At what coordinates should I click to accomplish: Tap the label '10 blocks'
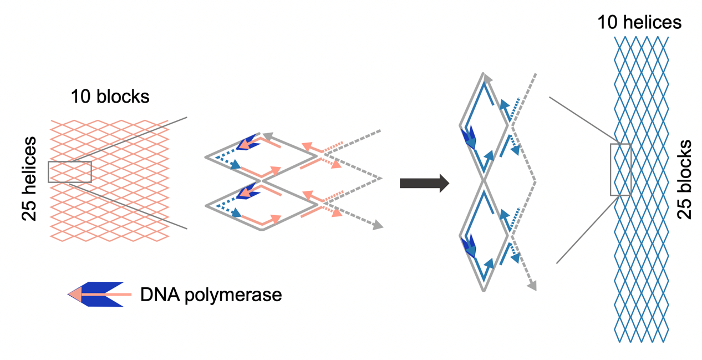pos(110,97)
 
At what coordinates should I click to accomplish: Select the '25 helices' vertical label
pos(29,179)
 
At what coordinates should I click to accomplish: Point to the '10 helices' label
pos(639,22)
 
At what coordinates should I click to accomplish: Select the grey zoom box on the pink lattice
pos(70,172)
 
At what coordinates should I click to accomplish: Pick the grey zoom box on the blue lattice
pos(620,170)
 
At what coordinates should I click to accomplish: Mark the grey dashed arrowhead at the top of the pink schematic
pos(268,135)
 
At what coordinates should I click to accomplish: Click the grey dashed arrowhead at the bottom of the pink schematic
pos(378,225)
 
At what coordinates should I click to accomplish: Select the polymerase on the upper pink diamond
pos(247,143)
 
